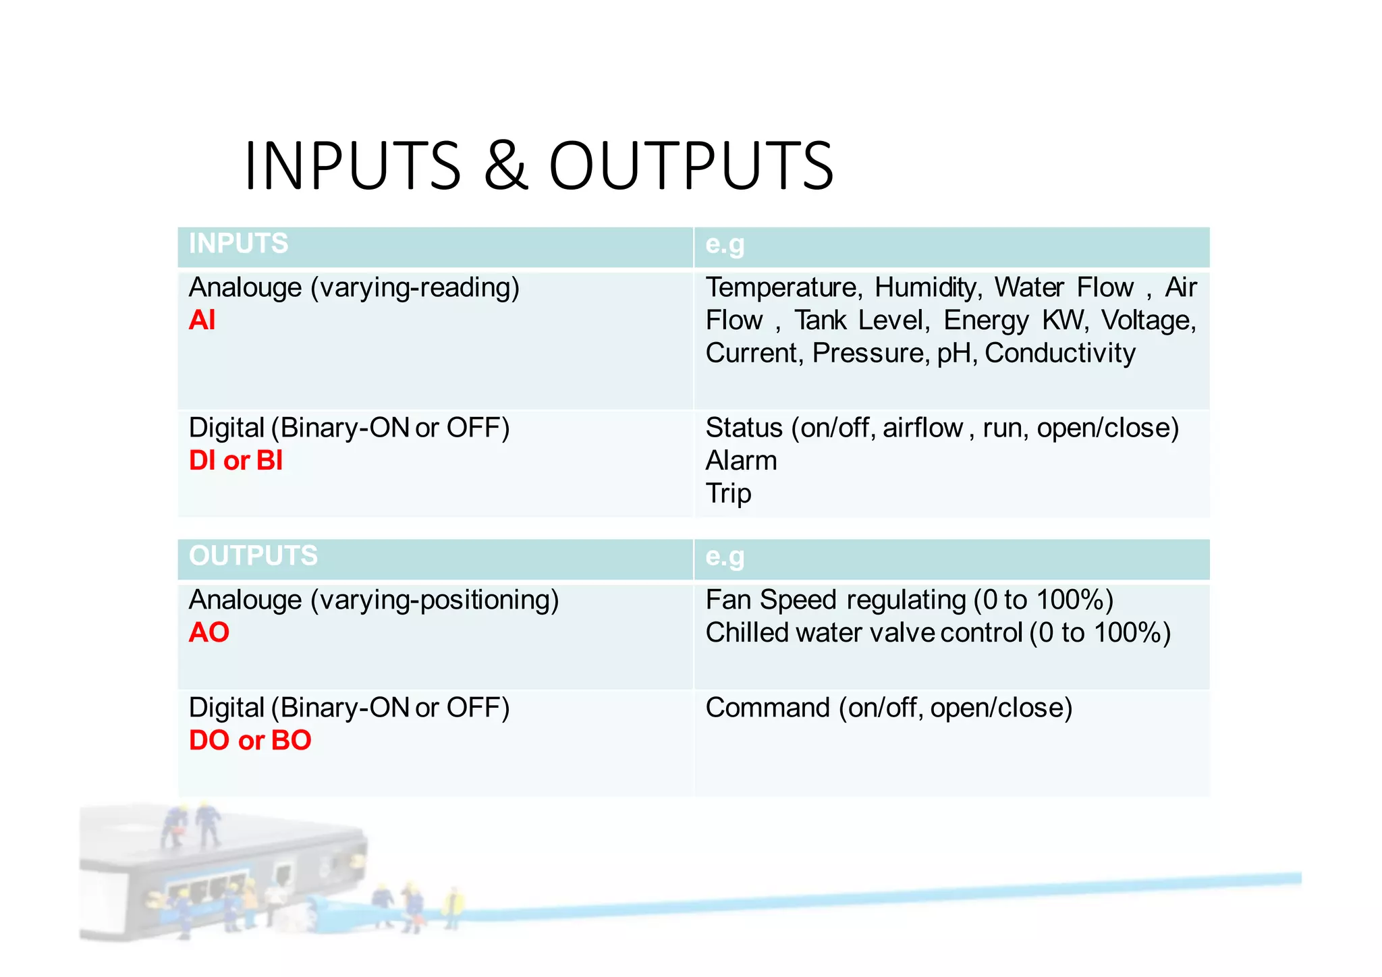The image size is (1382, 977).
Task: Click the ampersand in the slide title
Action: [505, 165]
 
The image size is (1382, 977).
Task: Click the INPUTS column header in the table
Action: [238, 244]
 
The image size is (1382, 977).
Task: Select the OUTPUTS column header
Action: [253, 556]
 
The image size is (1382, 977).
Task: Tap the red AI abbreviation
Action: [202, 320]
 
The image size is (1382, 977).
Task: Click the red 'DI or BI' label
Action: [236, 461]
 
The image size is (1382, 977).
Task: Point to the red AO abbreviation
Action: [209, 633]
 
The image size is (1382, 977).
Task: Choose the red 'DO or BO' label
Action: [250, 741]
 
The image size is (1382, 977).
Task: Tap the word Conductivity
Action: [1060, 353]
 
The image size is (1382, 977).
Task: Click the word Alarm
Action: [741, 461]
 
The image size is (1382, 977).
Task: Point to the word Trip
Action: [728, 494]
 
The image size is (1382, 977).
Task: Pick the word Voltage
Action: [1149, 320]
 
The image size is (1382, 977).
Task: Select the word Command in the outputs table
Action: [767, 708]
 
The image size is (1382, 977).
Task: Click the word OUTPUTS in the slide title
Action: [691, 165]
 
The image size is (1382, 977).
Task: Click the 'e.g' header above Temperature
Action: [725, 244]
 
